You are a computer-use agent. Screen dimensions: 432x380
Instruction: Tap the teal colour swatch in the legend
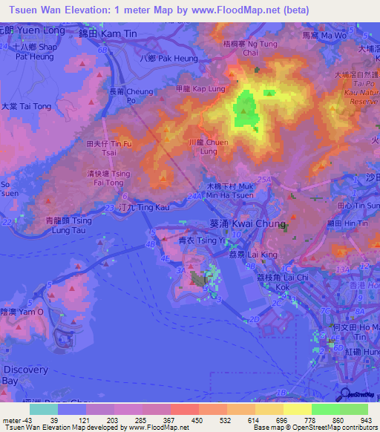point(43,409)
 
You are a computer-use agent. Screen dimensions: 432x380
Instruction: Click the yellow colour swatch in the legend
point(297,409)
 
